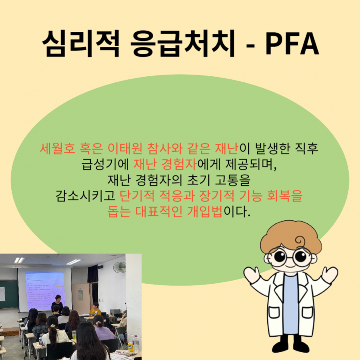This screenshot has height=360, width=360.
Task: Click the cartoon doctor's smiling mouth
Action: point(289,269)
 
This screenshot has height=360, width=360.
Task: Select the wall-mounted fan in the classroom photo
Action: point(119,267)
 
